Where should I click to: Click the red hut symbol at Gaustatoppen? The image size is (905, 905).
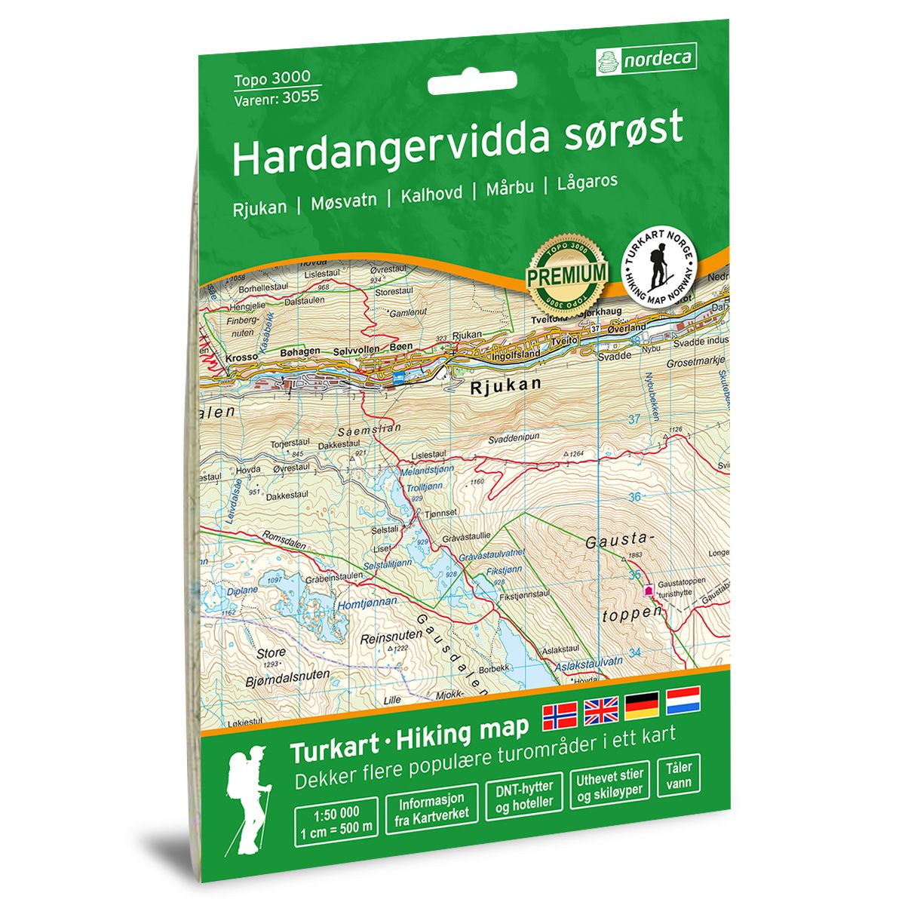click(x=649, y=591)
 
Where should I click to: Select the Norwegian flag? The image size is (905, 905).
click(x=560, y=712)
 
